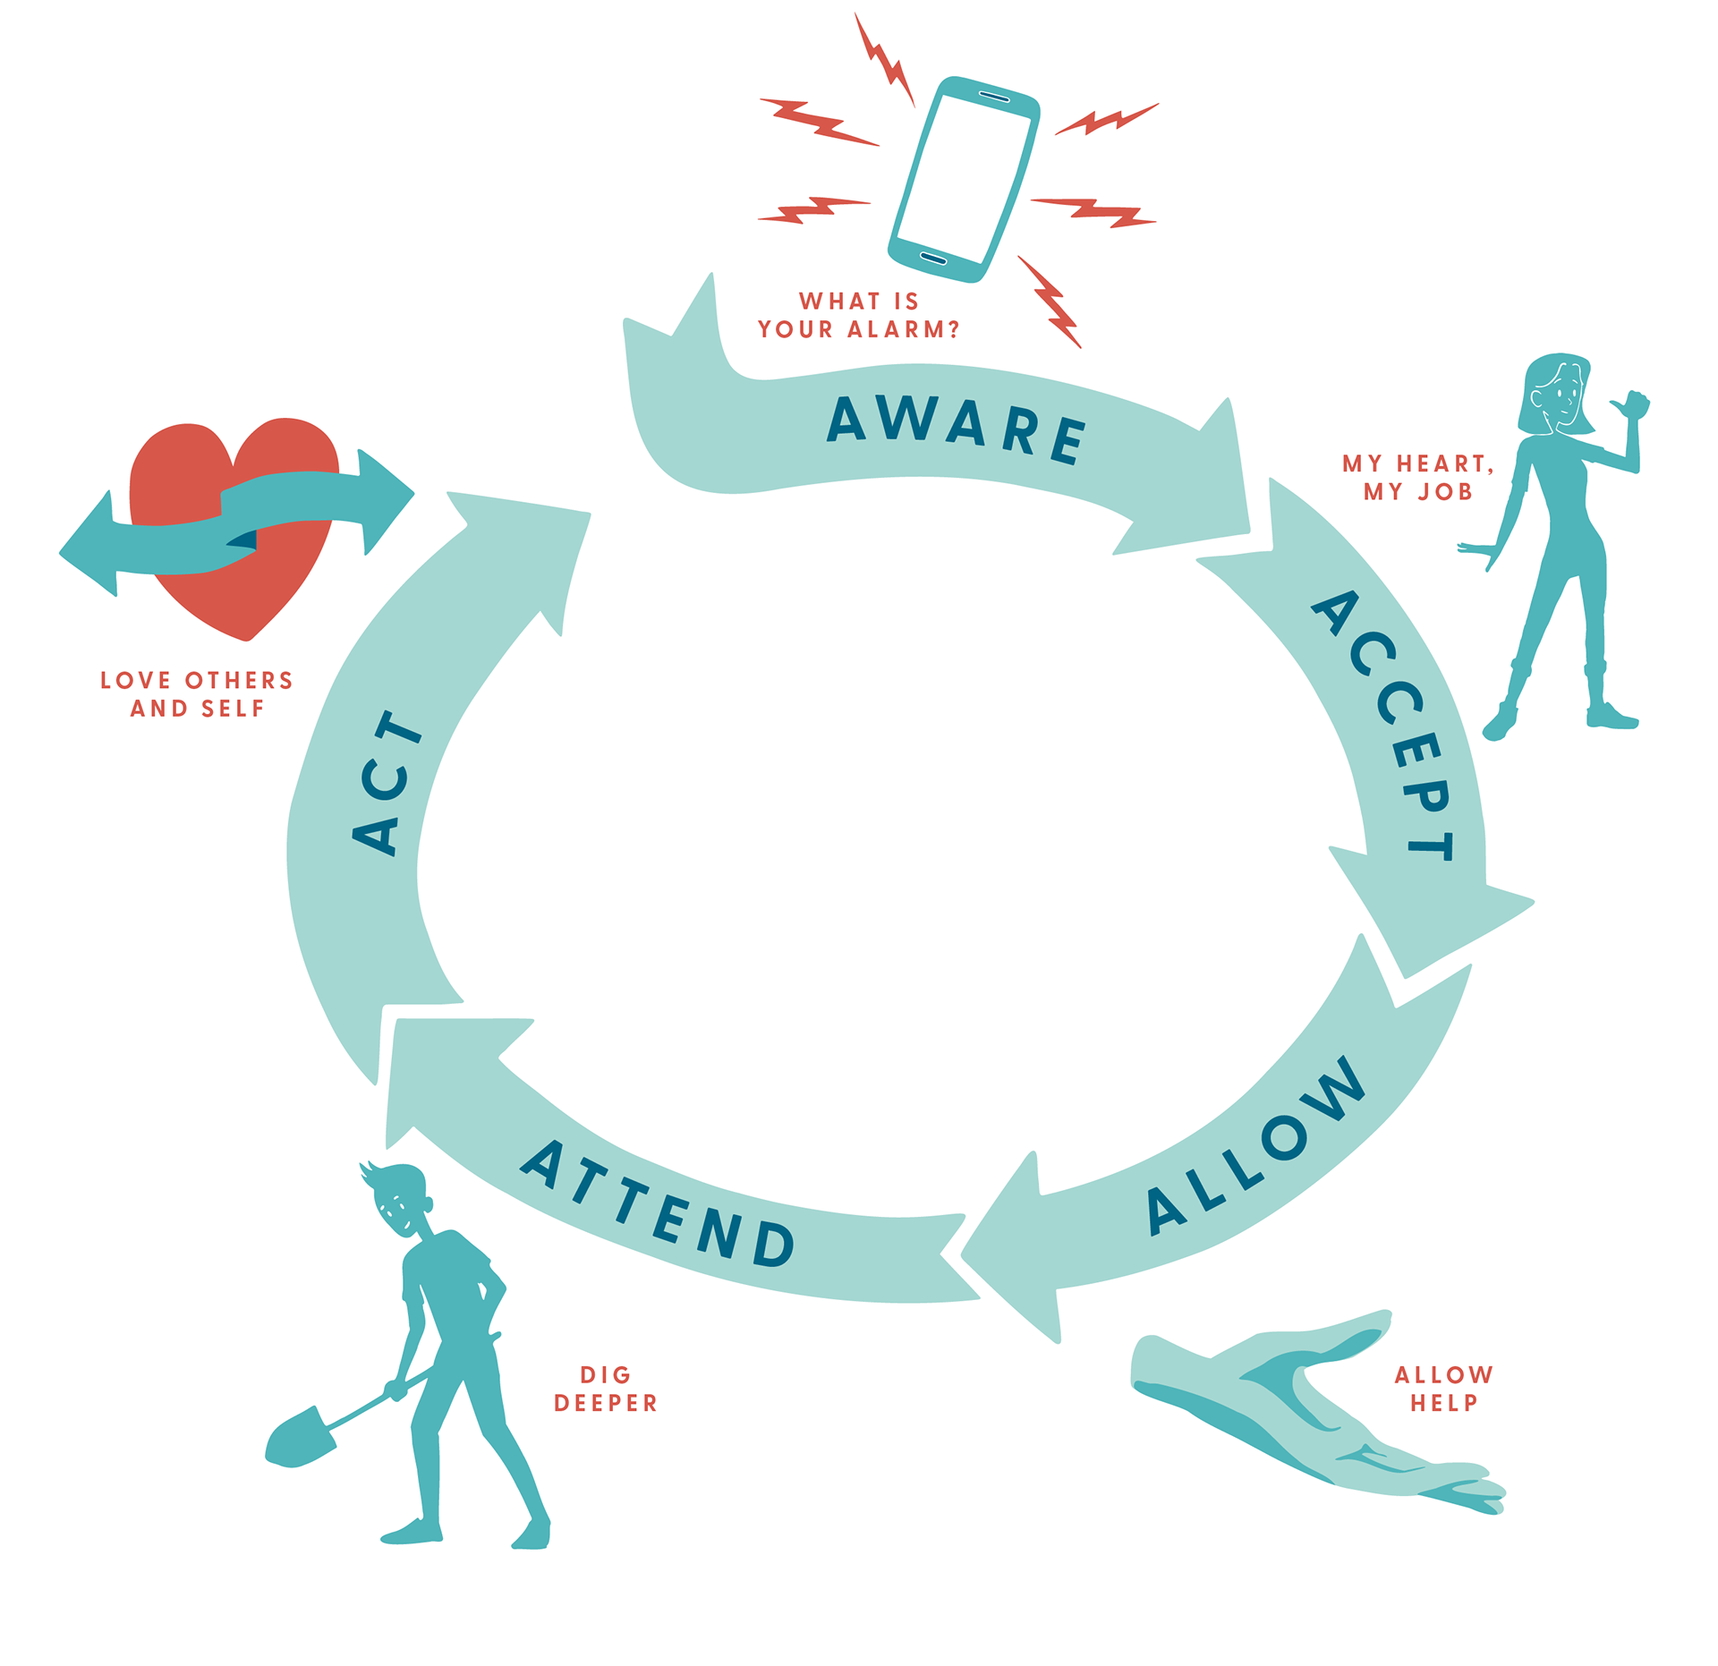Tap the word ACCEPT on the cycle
pyautogui.click(x=1384, y=725)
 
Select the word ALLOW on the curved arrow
pyautogui.click(x=1256, y=1144)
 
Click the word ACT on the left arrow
pyautogui.click(x=387, y=782)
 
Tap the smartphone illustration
pyautogui.click(x=964, y=179)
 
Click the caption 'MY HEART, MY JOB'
pyautogui.click(x=1417, y=477)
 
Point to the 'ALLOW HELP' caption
pyautogui.click(x=1443, y=1388)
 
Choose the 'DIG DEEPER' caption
pyautogui.click(x=606, y=1388)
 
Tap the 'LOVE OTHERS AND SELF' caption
pyautogui.click(x=197, y=693)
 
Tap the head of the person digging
pyautogui.click(x=403, y=1199)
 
